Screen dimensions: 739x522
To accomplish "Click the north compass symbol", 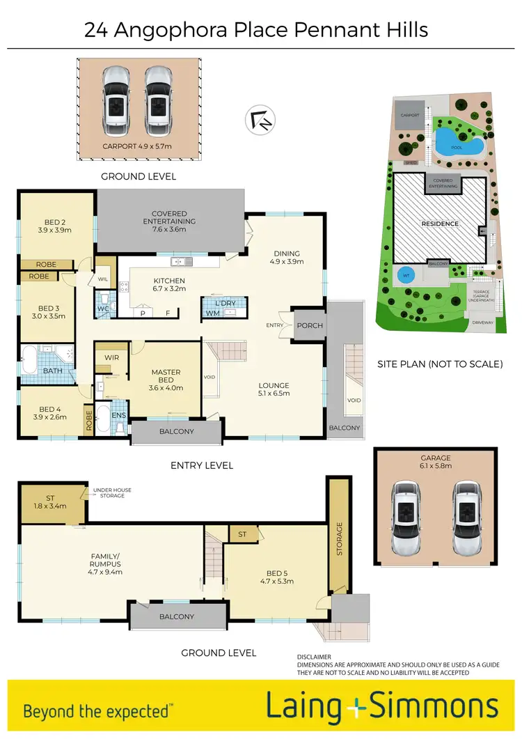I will pos(260,120).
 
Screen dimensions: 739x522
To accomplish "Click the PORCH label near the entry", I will pos(310,325).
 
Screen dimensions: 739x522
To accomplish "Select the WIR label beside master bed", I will pos(112,357).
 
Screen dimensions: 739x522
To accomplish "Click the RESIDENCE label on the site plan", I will pos(440,224).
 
